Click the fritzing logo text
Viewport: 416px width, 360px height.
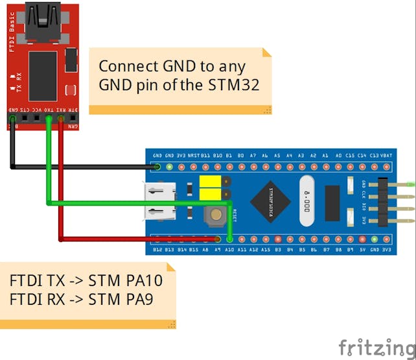click(x=375, y=346)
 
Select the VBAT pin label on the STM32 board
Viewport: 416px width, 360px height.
click(x=386, y=156)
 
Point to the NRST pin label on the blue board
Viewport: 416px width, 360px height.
click(x=193, y=156)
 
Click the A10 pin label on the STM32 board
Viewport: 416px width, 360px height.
click(x=229, y=249)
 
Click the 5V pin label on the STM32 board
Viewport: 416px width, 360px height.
click(x=362, y=249)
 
